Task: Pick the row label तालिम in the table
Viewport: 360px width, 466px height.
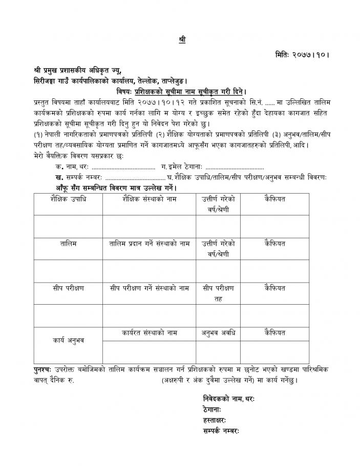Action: pyautogui.click(x=68, y=243)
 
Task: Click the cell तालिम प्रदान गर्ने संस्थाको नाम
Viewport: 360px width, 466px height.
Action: pyautogui.click(x=150, y=243)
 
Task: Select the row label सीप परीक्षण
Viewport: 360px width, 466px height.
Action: pyautogui.click(x=68, y=288)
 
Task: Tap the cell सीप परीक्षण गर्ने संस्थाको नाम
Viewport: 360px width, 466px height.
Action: pyautogui.click(x=150, y=288)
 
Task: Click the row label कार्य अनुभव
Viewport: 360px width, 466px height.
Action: pyautogui.click(x=68, y=340)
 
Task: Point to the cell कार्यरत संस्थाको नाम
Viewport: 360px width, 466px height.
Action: pyautogui.click(x=150, y=332)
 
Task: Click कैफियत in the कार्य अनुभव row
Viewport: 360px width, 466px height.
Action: pyautogui.click(x=275, y=332)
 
